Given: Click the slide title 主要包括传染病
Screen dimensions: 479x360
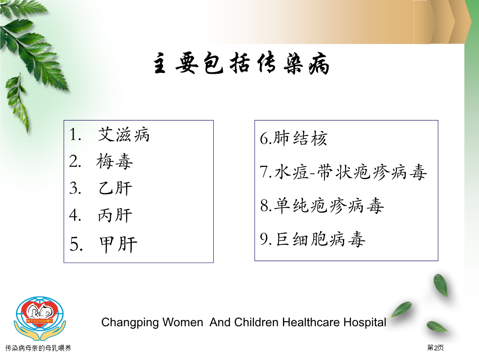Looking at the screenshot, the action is click(241, 64).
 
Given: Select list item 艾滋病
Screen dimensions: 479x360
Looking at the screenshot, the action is click(123, 135).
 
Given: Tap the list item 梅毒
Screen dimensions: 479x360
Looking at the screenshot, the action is click(114, 161).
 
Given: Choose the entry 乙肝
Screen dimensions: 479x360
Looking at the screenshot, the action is click(115, 188).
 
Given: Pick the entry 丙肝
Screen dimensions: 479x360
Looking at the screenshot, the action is click(115, 215).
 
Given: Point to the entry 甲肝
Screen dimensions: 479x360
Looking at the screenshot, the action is click(118, 244).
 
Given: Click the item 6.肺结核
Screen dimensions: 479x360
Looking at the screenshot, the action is click(293, 138).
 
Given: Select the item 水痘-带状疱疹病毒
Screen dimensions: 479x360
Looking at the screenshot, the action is click(350, 172).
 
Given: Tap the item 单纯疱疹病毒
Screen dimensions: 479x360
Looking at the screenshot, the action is click(329, 205).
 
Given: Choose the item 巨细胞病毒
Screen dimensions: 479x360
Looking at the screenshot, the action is click(321, 239).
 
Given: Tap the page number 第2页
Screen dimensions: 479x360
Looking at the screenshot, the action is click(436, 348).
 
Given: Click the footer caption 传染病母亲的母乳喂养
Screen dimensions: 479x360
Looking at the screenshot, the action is click(38, 348).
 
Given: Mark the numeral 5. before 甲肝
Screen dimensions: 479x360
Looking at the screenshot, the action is click(76, 244).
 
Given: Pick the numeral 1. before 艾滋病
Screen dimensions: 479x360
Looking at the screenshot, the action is click(75, 135).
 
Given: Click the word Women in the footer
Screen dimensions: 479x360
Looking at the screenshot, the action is click(183, 322).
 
